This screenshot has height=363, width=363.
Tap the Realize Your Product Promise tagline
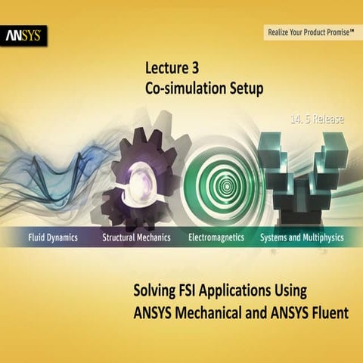(x=311, y=33)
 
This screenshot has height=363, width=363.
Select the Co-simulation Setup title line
(x=203, y=88)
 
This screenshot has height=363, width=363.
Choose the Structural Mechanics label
(x=136, y=237)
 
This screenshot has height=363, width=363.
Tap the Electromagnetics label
(x=216, y=237)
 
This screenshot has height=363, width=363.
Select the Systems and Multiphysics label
(x=302, y=237)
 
